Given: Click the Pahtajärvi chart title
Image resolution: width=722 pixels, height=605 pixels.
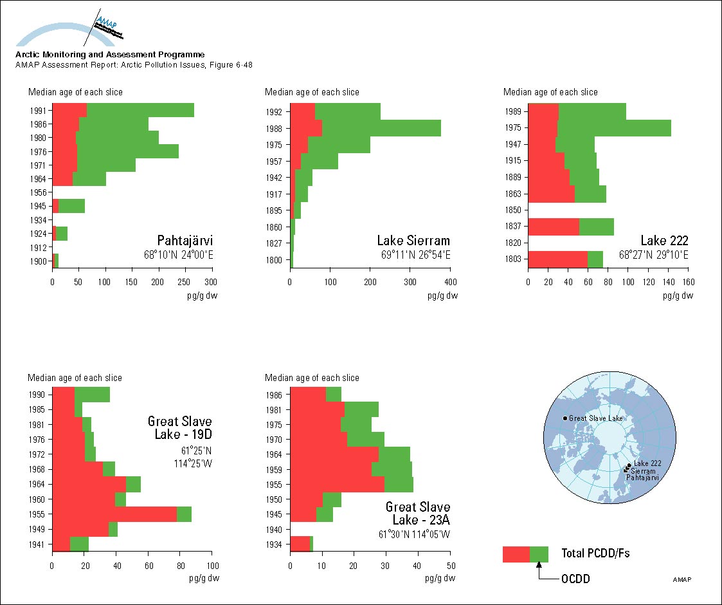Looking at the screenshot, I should (185, 241).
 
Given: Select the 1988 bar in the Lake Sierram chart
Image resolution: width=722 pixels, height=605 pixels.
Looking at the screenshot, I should (365, 127).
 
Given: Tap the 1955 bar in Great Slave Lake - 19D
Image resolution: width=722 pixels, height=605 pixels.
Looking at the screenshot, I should (122, 514).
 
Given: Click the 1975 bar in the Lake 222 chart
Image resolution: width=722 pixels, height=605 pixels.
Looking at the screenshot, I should (599, 127).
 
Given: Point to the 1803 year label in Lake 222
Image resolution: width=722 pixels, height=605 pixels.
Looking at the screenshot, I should (514, 259).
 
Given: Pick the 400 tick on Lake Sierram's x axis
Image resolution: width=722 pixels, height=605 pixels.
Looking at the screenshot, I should (450, 281).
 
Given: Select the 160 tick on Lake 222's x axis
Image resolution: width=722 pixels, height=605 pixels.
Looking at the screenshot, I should (688, 281).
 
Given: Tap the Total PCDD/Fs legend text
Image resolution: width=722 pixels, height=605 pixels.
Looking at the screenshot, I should (589, 554).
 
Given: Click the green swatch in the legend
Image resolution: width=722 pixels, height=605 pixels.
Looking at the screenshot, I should (539, 554).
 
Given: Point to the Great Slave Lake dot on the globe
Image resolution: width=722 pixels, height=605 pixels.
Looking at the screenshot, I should (565, 419).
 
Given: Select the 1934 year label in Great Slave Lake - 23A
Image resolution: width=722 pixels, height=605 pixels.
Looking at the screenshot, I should (276, 544).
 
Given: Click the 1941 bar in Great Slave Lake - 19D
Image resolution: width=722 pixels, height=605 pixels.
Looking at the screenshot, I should (70, 544).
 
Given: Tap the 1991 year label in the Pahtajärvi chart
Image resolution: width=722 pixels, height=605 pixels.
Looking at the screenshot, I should (38, 111).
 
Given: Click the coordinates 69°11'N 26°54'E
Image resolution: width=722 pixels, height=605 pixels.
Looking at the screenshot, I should (415, 255).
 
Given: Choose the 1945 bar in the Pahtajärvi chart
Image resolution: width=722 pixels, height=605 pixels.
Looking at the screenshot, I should (68, 206).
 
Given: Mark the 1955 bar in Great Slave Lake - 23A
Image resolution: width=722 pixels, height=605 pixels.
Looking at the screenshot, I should (352, 484).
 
